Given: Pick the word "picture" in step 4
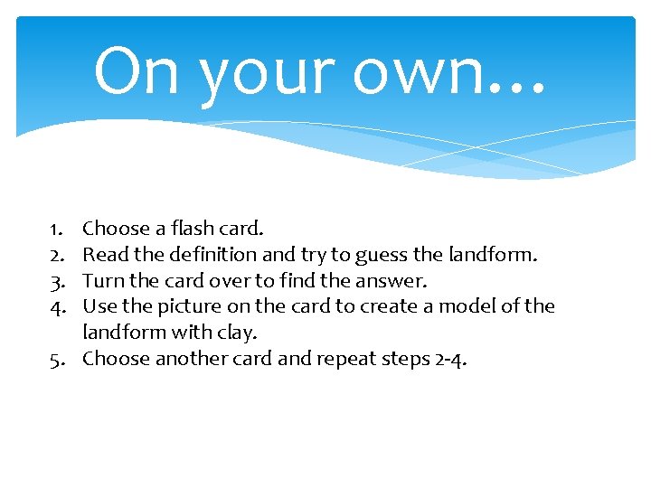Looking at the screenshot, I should click(184, 307).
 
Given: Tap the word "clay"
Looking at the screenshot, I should click(237, 333).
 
